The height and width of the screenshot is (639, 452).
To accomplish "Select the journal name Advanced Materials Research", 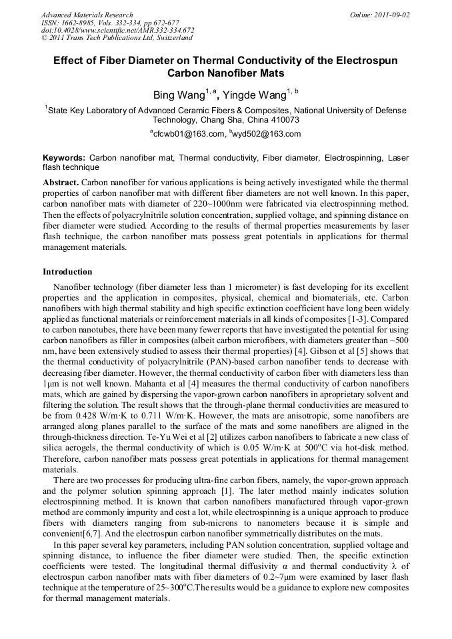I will coord(87,15).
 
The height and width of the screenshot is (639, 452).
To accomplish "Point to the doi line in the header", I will coord(117,30).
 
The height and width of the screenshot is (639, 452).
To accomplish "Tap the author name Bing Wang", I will coord(175,95).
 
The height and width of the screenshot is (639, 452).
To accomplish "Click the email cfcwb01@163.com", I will coord(189,134).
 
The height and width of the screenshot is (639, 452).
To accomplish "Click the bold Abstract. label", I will coord(61,182).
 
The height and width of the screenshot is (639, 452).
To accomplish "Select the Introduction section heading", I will coord(67,272).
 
